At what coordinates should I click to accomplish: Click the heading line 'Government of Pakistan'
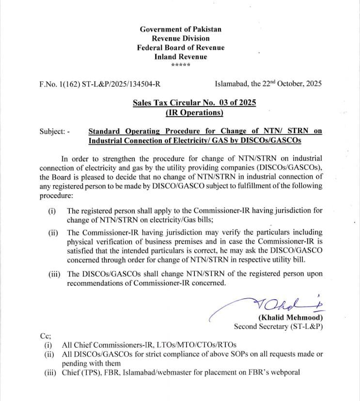[x=180, y=29]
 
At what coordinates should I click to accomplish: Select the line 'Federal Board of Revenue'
[x=180, y=47]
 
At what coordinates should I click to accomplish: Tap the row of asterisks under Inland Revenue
[x=180, y=65]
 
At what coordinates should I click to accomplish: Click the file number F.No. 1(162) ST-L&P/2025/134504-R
[x=100, y=83]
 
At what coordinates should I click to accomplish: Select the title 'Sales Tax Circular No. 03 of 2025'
[x=194, y=103]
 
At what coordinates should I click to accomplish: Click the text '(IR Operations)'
[x=194, y=112]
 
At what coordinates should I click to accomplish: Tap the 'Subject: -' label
[x=55, y=131]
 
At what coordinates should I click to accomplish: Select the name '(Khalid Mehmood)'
[x=291, y=318]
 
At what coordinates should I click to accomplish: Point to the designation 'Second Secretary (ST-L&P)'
[x=278, y=326]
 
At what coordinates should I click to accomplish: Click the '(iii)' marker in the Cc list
[x=48, y=372]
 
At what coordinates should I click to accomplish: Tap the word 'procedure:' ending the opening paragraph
[x=56, y=196]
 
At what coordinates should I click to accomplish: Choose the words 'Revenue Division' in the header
[x=180, y=38]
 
